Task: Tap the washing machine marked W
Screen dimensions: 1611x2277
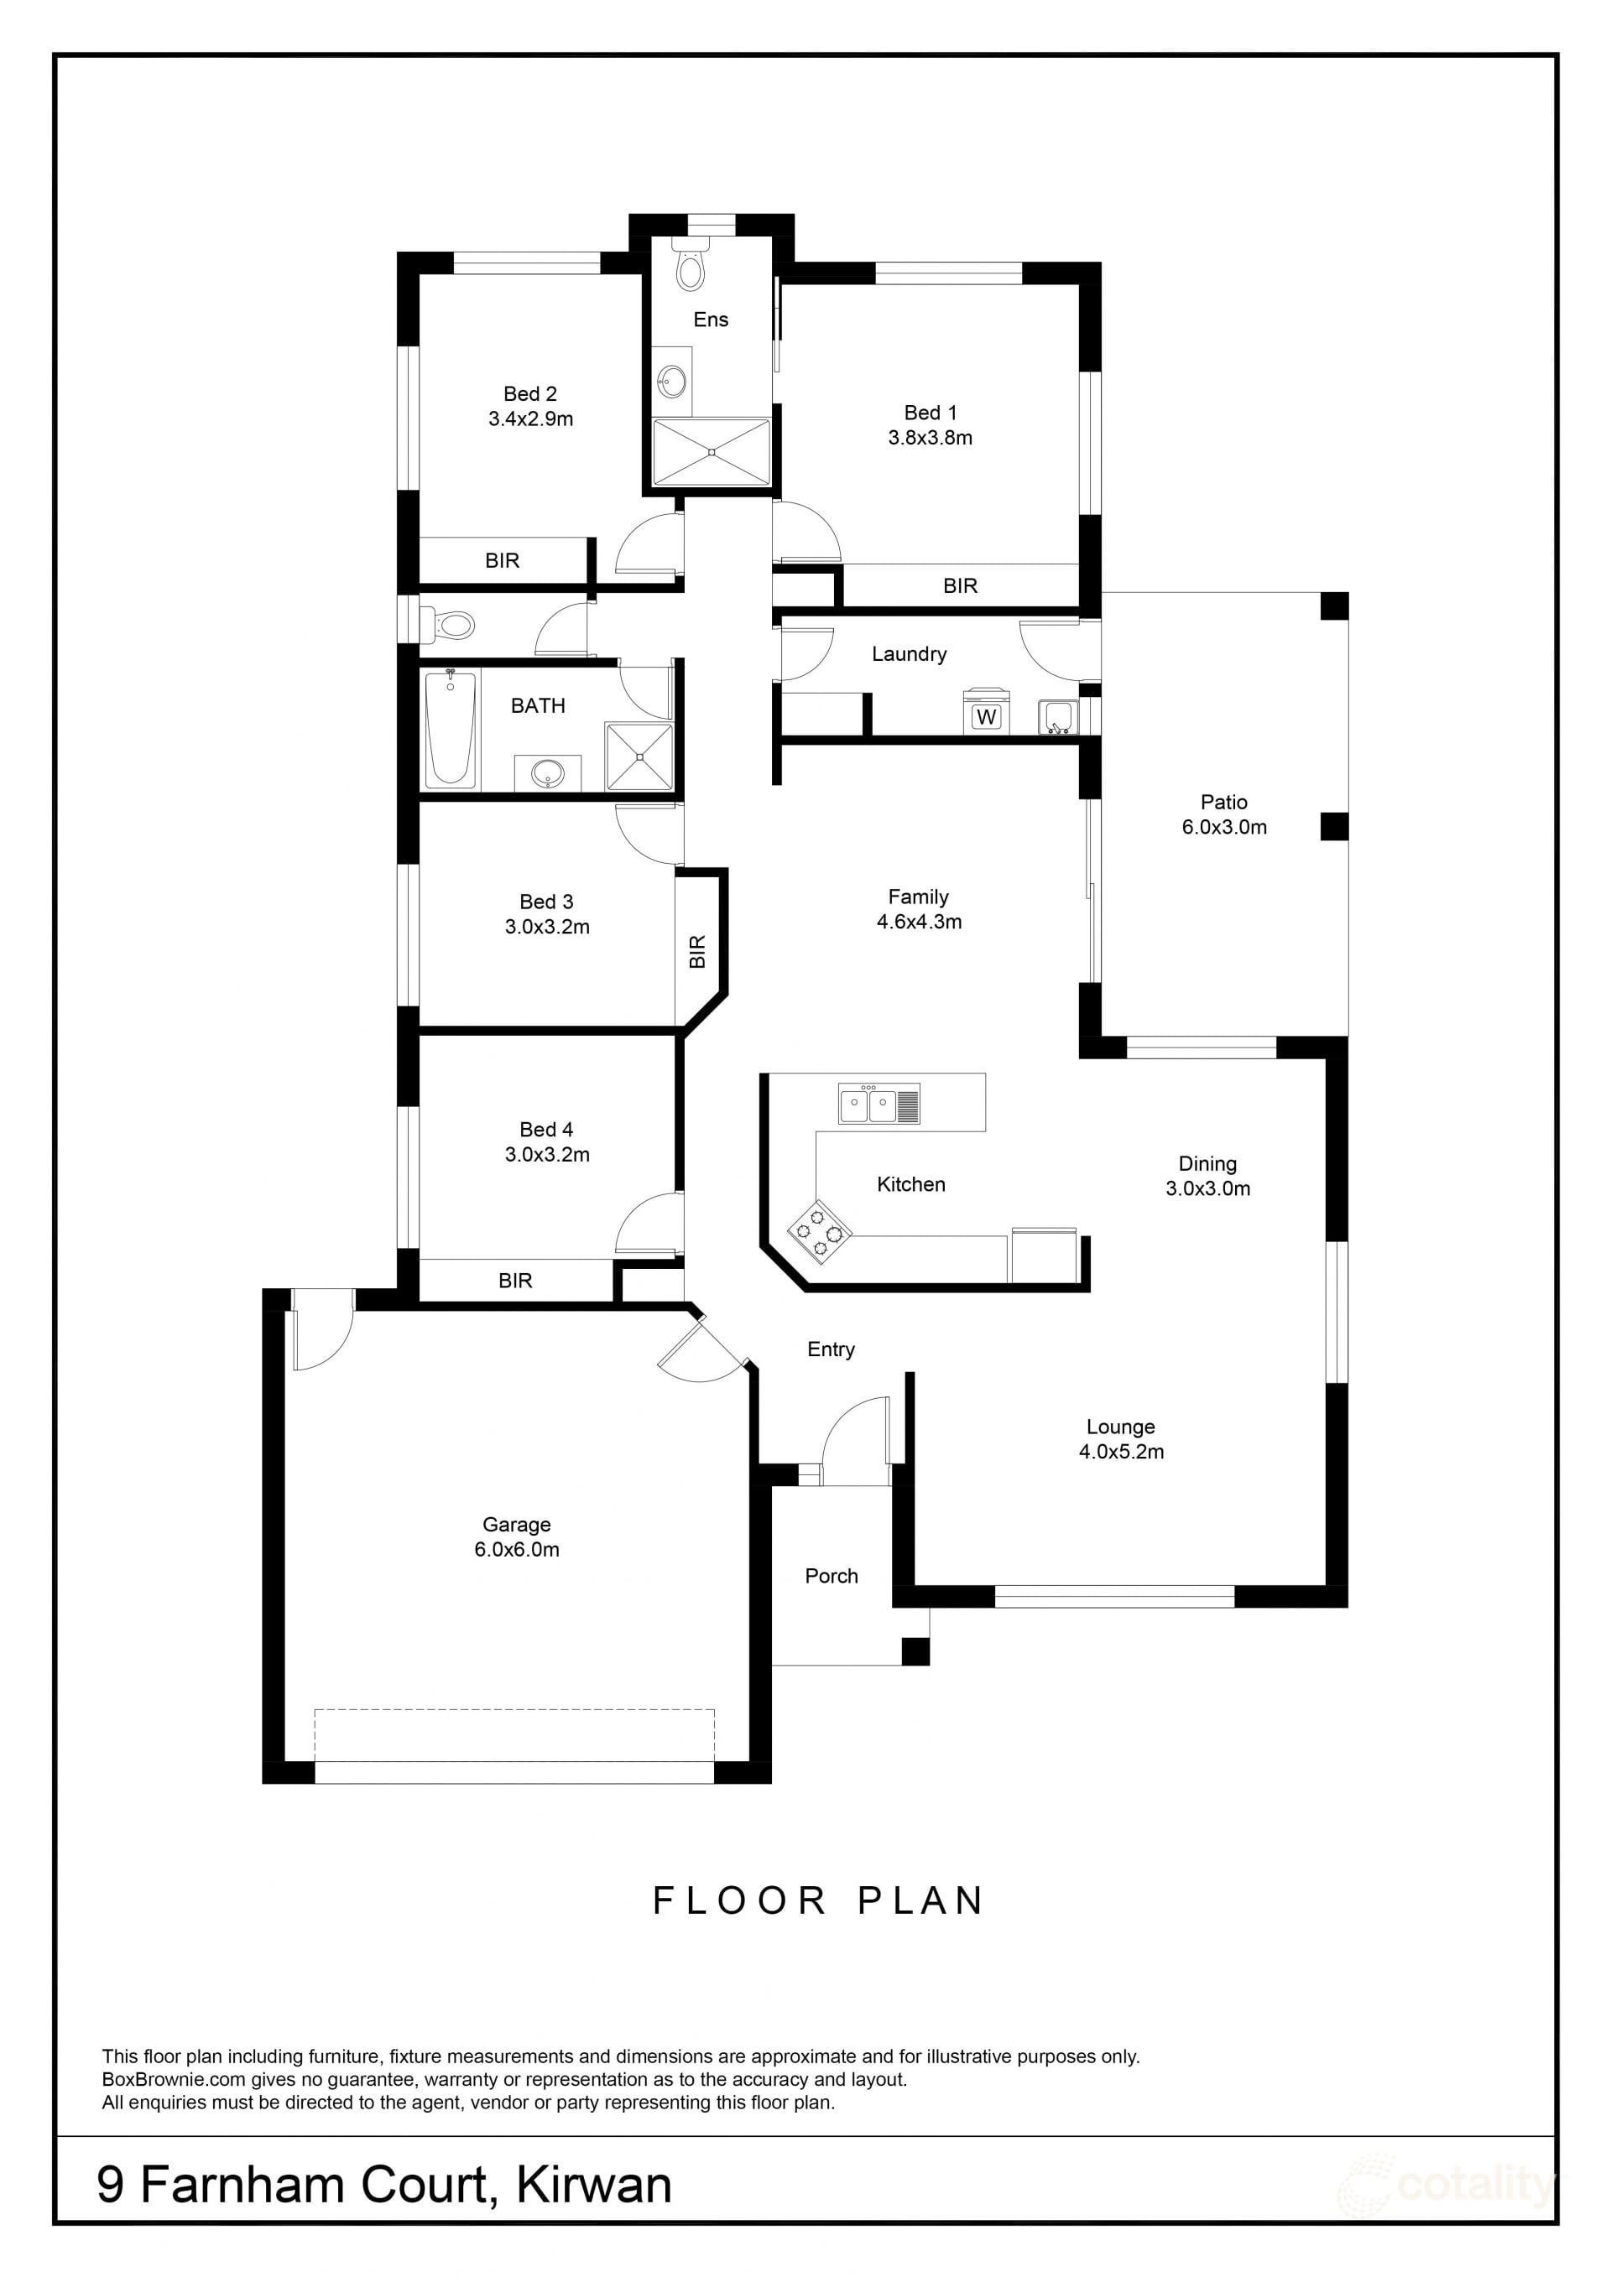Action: click(x=986, y=711)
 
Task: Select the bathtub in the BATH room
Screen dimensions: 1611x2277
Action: click(x=450, y=728)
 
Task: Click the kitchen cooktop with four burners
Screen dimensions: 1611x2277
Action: click(x=821, y=1232)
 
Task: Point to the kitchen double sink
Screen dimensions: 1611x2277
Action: click(x=880, y=1104)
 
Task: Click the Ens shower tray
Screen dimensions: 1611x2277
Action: click(x=712, y=452)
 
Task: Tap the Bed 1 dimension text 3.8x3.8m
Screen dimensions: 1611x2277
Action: click(x=931, y=437)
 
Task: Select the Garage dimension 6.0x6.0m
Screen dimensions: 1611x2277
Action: click(x=517, y=1549)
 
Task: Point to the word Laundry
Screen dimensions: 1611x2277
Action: click(x=909, y=653)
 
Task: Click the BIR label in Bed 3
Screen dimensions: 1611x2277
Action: click(x=697, y=951)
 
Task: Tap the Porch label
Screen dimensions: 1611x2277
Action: click(x=832, y=1576)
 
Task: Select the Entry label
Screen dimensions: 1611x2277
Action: click(x=832, y=1349)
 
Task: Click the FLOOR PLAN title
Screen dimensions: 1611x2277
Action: click(x=818, y=1900)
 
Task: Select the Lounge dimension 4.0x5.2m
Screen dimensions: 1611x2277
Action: click(x=1122, y=1451)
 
